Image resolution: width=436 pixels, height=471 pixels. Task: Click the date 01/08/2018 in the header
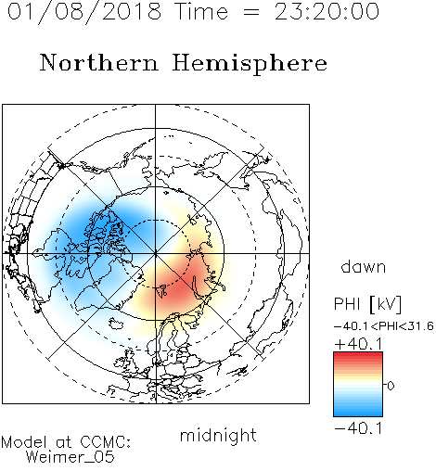point(84,12)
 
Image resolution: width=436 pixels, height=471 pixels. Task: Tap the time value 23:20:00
point(327,12)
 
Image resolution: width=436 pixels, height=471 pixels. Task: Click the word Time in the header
point(201,12)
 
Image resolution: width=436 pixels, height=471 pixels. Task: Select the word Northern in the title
point(98,62)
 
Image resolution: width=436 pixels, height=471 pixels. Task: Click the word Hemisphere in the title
point(250,64)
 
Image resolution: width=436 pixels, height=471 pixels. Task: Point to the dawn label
point(363,266)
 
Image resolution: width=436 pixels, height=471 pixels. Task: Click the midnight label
point(218,435)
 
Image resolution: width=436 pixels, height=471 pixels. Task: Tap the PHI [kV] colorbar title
point(367,304)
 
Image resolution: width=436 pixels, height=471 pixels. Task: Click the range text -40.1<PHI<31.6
point(384,326)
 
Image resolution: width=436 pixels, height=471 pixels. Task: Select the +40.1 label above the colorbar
point(358,344)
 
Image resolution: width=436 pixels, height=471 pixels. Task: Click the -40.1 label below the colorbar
point(358,428)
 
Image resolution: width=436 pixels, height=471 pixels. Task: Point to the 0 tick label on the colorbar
point(391,386)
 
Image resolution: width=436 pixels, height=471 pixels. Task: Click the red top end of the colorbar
point(358,354)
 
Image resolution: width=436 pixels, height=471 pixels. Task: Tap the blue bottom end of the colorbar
point(358,414)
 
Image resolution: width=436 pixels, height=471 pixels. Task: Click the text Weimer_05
point(71,457)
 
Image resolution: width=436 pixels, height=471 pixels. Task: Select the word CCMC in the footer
point(105,442)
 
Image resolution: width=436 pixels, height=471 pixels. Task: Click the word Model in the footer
point(24,442)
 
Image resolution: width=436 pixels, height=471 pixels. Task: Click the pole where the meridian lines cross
point(156,253)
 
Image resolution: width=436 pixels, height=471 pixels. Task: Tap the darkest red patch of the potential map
point(174,287)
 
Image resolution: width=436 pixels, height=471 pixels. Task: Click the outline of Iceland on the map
point(116,324)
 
